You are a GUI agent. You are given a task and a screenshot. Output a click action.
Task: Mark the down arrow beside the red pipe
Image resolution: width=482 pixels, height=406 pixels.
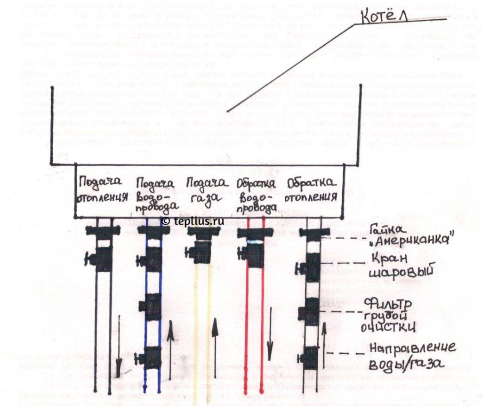270,341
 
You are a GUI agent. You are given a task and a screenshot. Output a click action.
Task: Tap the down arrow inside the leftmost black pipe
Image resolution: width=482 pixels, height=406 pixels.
118,349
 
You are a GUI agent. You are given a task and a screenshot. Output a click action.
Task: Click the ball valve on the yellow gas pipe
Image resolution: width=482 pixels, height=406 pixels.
201,254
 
